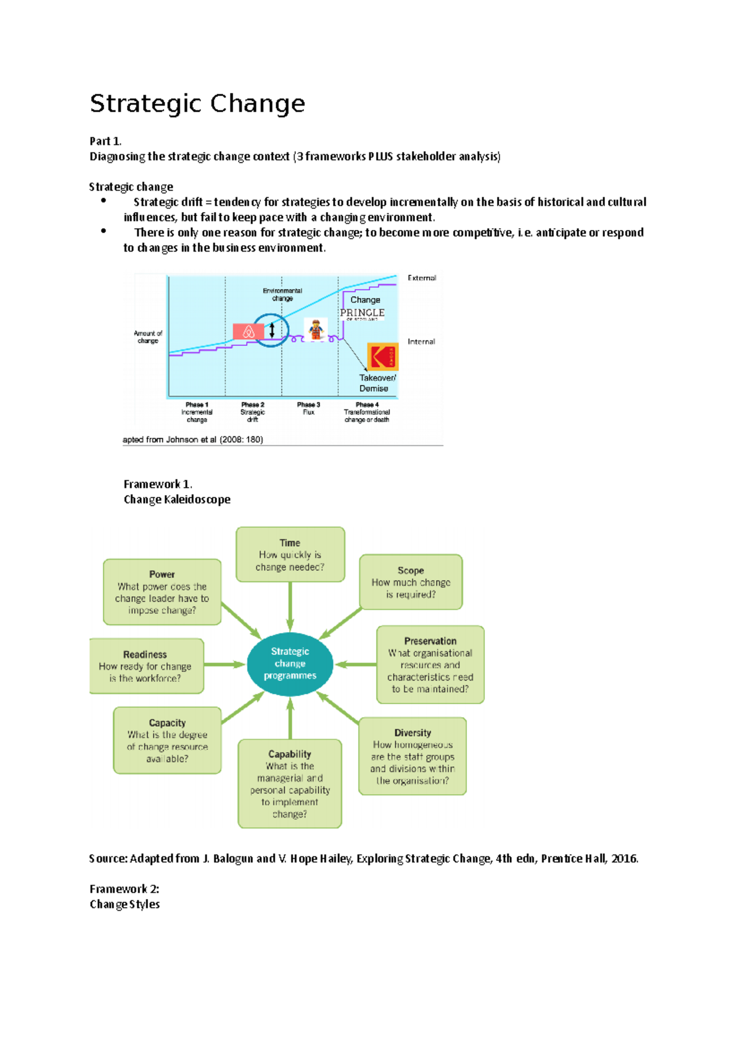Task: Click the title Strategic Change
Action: [x=197, y=104]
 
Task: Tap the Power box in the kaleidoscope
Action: [x=162, y=592]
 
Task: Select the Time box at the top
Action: [x=290, y=554]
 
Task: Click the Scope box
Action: [x=411, y=582]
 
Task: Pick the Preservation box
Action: [x=430, y=665]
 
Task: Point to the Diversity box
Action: [x=413, y=756]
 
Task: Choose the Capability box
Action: [x=290, y=783]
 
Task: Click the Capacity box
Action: [x=167, y=740]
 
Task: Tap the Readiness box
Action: [x=146, y=666]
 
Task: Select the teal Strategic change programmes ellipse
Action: [x=290, y=663]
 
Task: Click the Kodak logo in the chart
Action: [x=383, y=357]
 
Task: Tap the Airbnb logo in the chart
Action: [x=249, y=332]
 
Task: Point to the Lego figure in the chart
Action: [x=316, y=329]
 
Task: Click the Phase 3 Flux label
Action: [x=309, y=408]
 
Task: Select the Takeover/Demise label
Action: [x=377, y=383]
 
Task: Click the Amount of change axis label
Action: [x=148, y=337]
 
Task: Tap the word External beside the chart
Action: [x=422, y=278]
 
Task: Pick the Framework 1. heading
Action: [x=158, y=484]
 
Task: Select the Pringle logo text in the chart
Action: [x=363, y=313]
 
